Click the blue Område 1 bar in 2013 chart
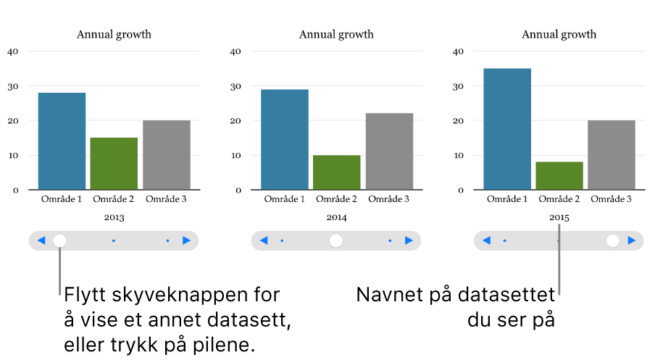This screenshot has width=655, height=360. (62, 141)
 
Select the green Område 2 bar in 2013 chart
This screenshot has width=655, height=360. (114, 164)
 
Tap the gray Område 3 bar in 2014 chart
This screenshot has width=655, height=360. (389, 151)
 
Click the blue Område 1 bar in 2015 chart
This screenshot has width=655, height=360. (507, 129)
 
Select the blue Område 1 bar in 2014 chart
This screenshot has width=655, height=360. (285, 140)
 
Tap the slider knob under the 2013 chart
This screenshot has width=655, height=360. (60, 240)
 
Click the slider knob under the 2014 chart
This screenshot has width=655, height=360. (335, 240)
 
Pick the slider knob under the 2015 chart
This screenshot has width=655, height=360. (613, 240)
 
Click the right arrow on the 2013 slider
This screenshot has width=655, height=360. (187, 240)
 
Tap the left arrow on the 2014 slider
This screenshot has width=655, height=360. (264, 240)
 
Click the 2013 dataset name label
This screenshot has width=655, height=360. (114, 217)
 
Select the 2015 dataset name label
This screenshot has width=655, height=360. (559, 217)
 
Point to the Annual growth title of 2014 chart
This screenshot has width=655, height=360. (336, 34)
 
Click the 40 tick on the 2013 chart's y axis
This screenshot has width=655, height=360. (14, 51)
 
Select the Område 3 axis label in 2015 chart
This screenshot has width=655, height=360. (612, 198)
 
